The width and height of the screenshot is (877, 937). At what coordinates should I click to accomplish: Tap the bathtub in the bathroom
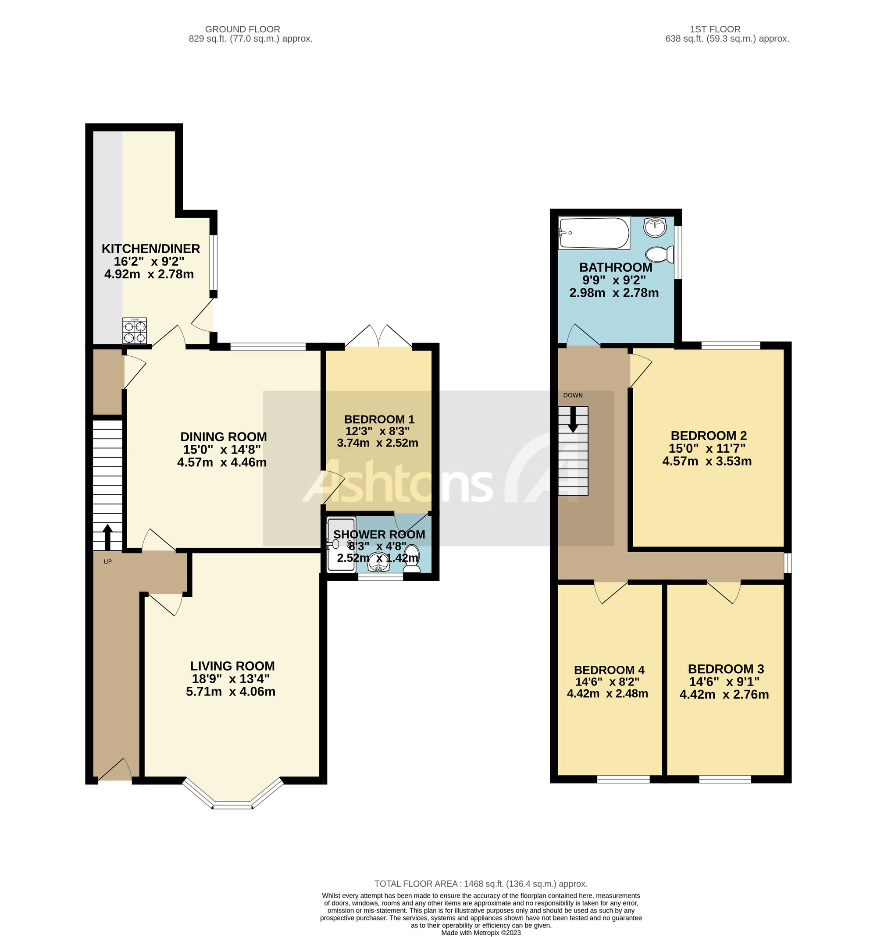point(594,233)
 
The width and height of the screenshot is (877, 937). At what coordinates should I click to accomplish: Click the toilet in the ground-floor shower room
point(412,558)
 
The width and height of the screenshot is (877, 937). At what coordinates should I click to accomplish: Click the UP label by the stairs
point(107,562)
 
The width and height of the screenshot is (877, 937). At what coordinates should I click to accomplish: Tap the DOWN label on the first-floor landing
point(572,395)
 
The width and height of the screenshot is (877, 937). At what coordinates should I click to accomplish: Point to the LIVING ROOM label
point(232,666)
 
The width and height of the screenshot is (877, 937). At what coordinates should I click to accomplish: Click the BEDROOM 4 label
point(609,670)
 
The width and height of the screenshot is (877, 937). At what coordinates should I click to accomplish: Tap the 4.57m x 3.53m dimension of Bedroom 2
point(706,461)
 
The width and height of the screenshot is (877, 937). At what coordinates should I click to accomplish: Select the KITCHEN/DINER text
point(151,248)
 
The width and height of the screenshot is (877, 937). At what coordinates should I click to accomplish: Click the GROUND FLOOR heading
point(242,29)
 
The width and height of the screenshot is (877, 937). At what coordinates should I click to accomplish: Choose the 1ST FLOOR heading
point(715,29)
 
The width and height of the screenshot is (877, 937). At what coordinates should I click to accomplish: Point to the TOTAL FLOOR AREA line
point(481,884)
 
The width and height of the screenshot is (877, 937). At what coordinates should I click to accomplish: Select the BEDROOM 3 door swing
point(725,593)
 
